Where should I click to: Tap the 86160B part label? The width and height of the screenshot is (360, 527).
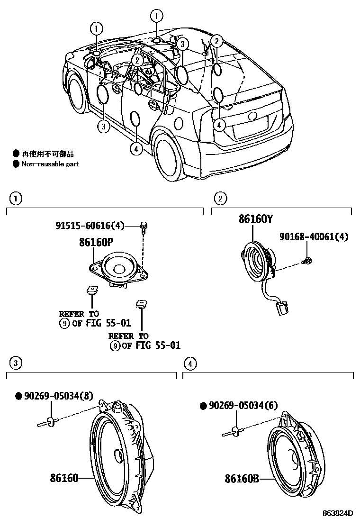pos(242,479)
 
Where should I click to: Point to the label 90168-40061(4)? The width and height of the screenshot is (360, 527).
pos(313,236)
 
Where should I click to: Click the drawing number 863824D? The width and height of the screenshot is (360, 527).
pos(338,513)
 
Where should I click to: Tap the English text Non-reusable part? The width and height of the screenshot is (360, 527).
pos(50,164)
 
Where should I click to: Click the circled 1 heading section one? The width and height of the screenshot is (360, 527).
pos(16,199)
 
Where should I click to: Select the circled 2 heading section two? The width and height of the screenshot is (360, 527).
pos(220,199)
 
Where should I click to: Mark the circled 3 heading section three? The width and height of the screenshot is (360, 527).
pos(16,363)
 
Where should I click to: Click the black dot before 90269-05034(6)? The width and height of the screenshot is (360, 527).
pos(203,405)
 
